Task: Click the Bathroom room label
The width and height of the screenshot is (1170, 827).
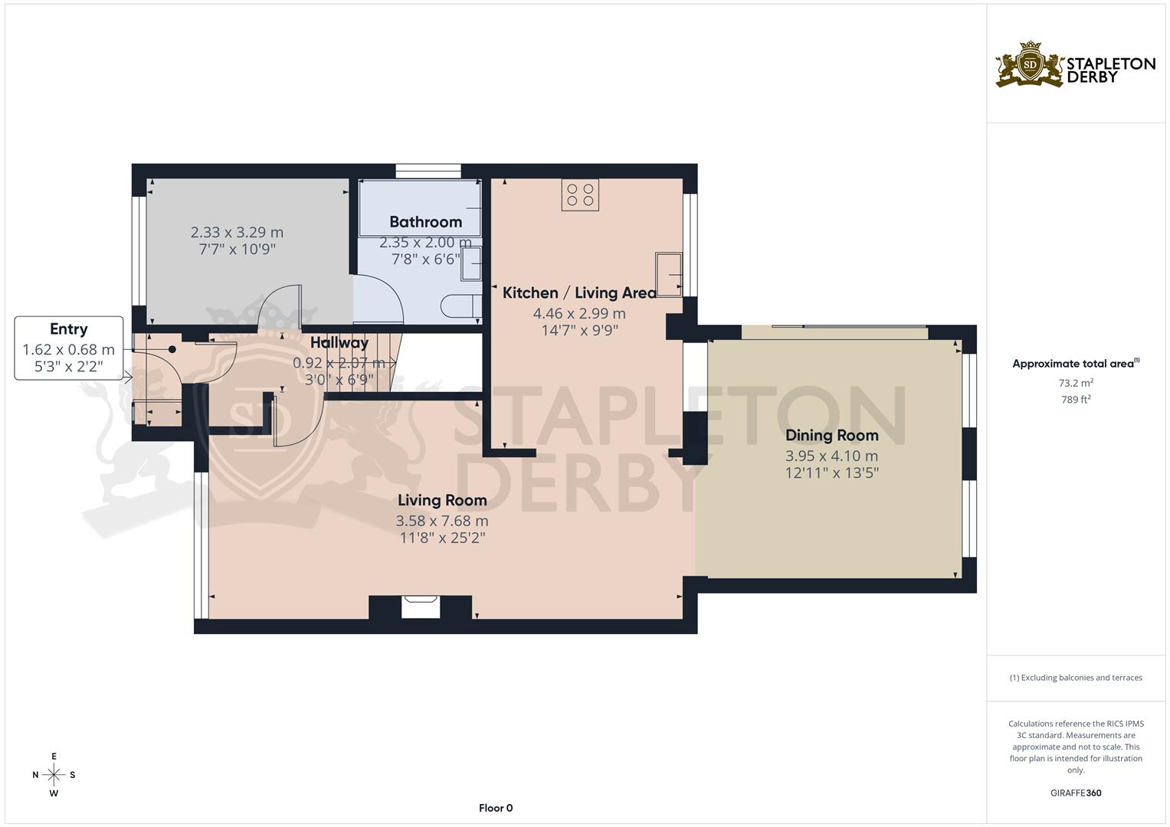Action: pyautogui.click(x=425, y=222)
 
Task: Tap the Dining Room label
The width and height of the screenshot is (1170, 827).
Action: pyautogui.click(x=831, y=436)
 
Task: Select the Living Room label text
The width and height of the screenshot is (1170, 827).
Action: pyautogui.click(x=442, y=501)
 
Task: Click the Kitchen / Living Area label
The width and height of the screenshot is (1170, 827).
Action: pyautogui.click(x=579, y=293)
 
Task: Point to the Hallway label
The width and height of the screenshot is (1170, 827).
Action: pyautogui.click(x=339, y=342)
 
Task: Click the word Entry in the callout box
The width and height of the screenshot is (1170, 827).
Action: pyautogui.click(x=68, y=329)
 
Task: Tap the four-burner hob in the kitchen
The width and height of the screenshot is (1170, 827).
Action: pyautogui.click(x=580, y=194)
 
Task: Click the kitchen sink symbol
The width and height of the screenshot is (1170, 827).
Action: pyautogui.click(x=669, y=273)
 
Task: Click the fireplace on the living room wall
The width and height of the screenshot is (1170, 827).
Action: pyautogui.click(x=421, y=606)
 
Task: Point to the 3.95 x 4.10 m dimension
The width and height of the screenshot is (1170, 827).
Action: pyautogui.click(x=831, y=456)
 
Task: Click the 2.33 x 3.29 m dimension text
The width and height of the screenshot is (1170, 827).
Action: pyautogui.click(x=237, y=232)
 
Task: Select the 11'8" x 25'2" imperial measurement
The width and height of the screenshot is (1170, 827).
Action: pyautogui.click(x=442, y=538)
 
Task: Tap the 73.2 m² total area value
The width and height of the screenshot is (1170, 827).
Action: pyautogui.click(x=1076, y=382)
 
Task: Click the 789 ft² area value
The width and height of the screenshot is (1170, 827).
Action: pyautogui.click(x=1076, y=399)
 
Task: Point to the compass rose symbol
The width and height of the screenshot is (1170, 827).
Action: pyautogui.click(x=54, y=775)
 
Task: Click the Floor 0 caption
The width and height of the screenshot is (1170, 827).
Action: pyautogui.click(x=496, y=808)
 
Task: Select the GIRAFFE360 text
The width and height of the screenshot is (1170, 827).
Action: pyautogui.click(x=1076, y=793)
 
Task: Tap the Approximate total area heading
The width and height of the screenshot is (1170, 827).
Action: pyautogui.click(x=1075, y=364)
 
